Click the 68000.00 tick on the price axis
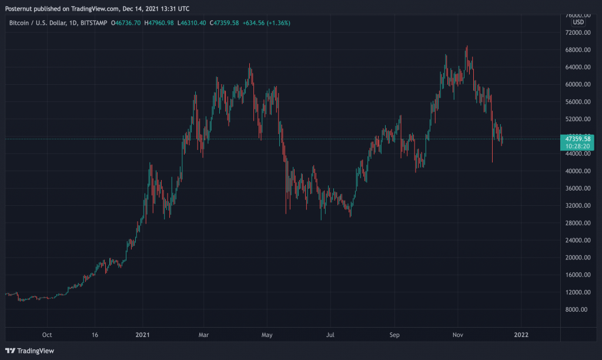[x=577, y=50]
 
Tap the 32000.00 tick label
[x=577, y=206]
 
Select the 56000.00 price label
[x=577, y=102]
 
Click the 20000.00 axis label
[x=577, y=258]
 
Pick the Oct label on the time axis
[x=47, y=335]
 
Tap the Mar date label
[x=203, y=335]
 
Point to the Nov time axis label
[x=459, y=335]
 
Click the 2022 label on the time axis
[x=521, y=335]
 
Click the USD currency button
[x=578, y=22]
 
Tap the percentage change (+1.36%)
[x=277, y=23]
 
